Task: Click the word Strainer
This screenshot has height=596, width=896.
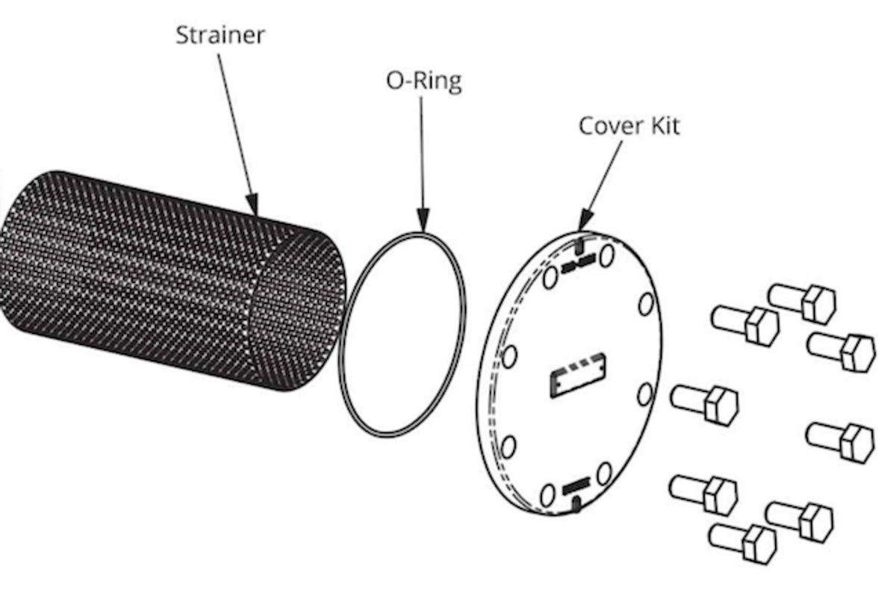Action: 220,35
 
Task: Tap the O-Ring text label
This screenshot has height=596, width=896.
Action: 423,80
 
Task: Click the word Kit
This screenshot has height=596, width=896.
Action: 665,125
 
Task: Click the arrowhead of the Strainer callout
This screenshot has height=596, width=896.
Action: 252,204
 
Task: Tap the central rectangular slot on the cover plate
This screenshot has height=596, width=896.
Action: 578,375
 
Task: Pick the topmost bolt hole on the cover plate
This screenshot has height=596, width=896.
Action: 606,256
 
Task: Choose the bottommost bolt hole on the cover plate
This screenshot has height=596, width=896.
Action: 548,494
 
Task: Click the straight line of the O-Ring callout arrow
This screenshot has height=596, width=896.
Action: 422,149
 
